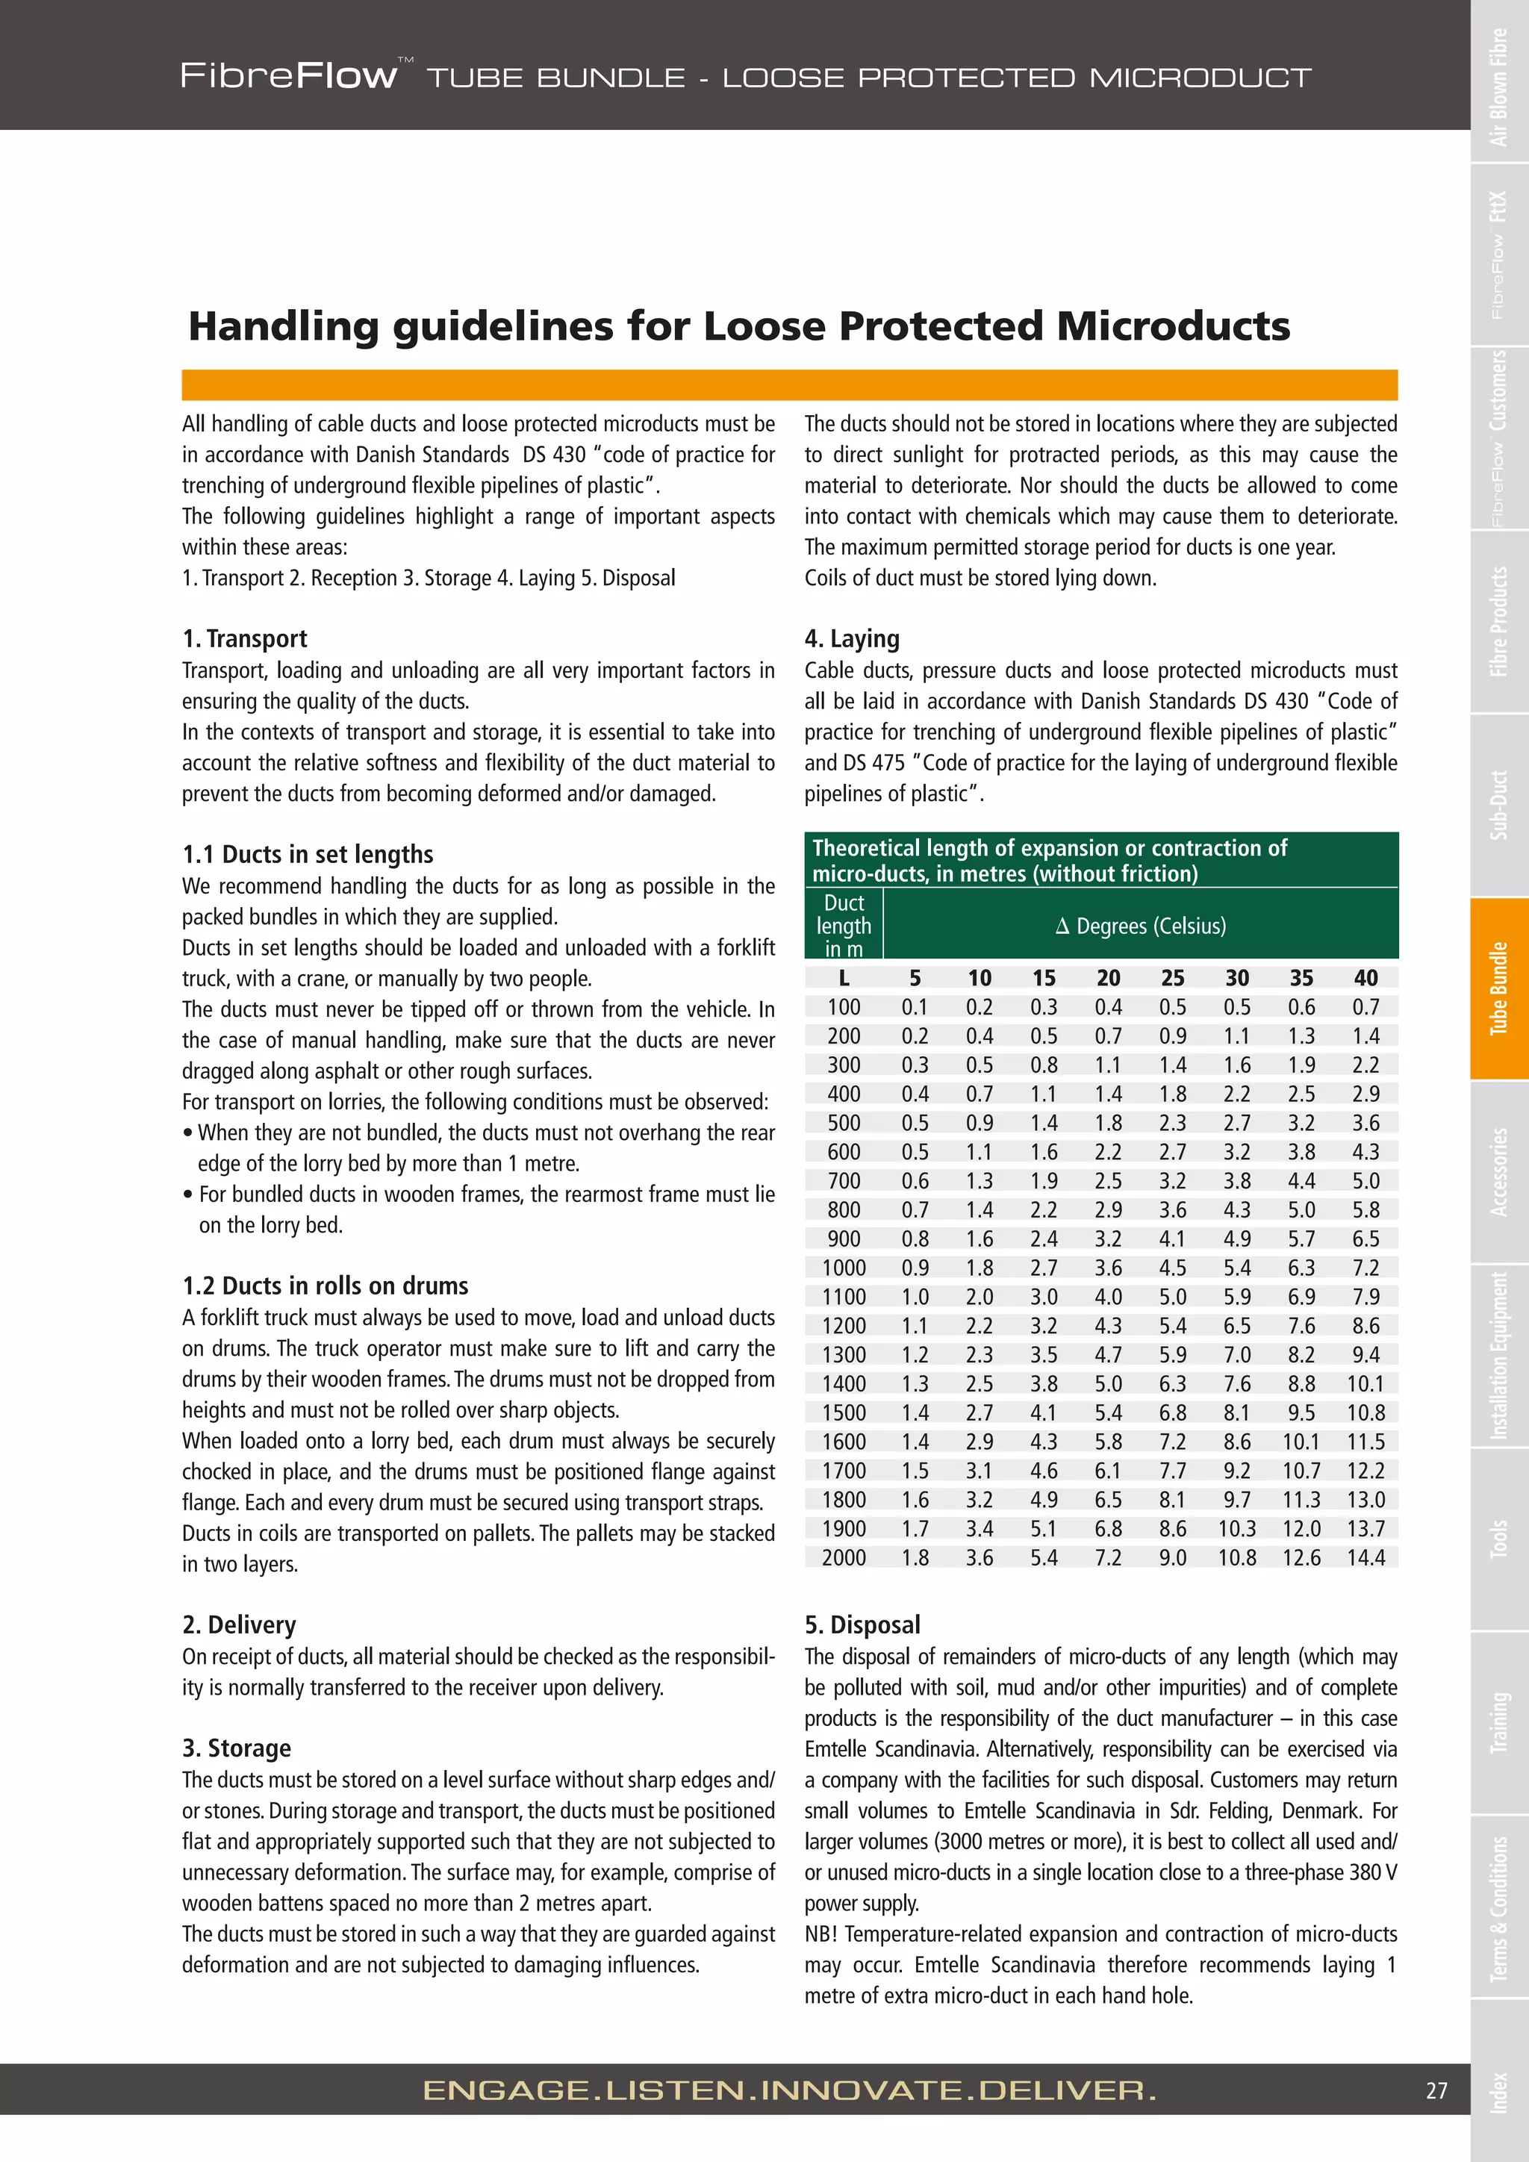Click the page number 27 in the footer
coord(1436,2090)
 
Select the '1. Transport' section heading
coord(245,638)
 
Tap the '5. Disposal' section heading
coord(862,1624)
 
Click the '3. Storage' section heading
coord(237,1748)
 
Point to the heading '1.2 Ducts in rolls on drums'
coord(325,1286)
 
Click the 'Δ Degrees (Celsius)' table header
coord(1140,926)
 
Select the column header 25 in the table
coord(1172,977)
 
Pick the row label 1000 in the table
coord(844,1268)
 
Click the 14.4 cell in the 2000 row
coord(1365,1557)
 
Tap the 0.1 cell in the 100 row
coord(915,1006)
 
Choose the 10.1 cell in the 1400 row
coord(1365,1383)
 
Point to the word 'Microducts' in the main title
coord(1172,325)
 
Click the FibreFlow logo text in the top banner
coord(288,75)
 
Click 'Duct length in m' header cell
coord(844,926)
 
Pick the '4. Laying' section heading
coord(852,638)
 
